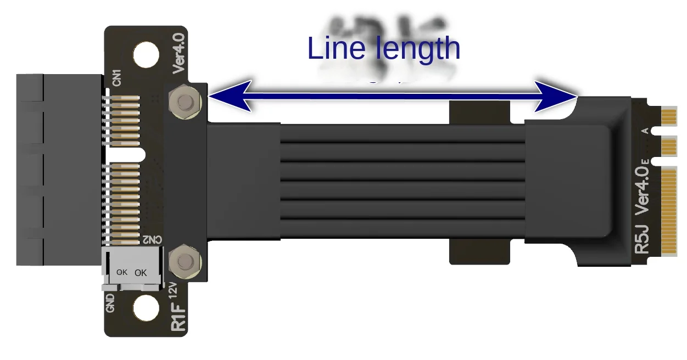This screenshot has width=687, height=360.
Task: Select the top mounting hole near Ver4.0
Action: [x=146, y=55]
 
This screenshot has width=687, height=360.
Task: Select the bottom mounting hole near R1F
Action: [x=146, y=308]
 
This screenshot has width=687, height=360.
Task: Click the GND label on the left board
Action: [x=110, y=303]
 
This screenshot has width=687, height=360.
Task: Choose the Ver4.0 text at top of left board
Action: [x=179, y=53]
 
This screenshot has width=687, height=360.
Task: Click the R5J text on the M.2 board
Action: [x=642, y=239]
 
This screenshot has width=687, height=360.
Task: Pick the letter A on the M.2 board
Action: [x=645, y=131]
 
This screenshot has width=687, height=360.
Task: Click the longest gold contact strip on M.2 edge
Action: [x=669, y=212]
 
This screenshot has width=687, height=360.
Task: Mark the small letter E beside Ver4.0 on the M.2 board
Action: [x=645, y=161]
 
